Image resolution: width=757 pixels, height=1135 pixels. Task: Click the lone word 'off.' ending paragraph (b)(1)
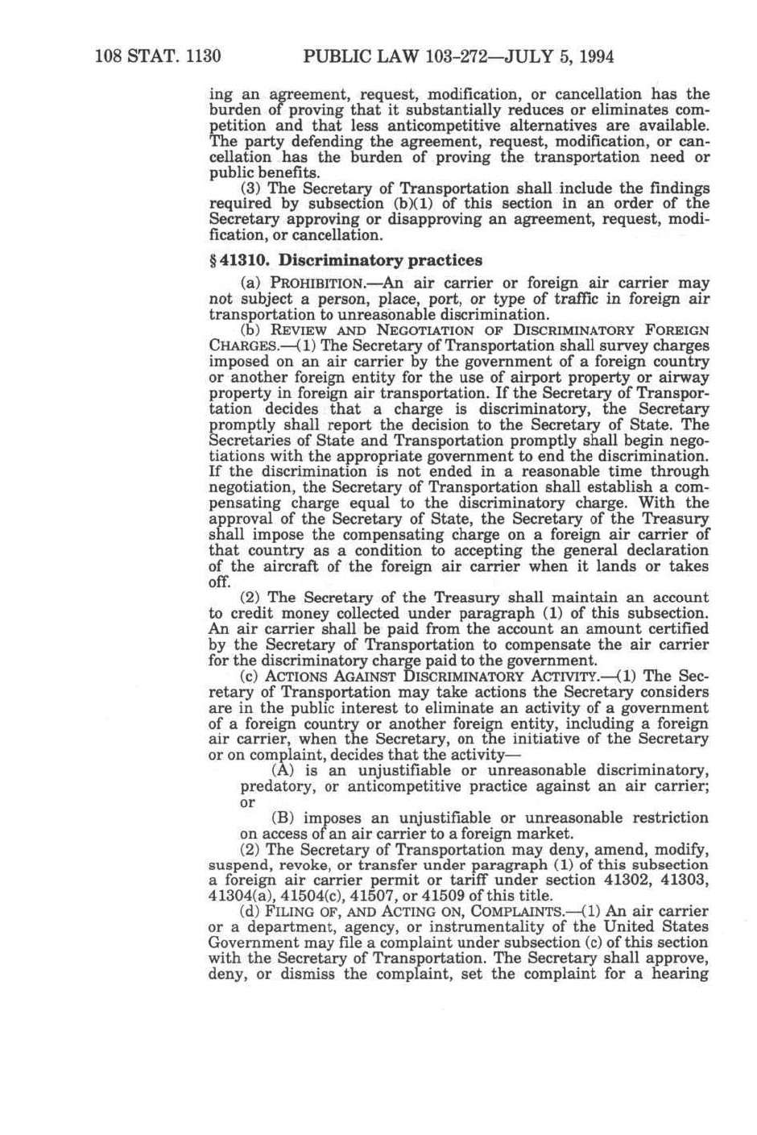pyautogui.click(x=221, y=582)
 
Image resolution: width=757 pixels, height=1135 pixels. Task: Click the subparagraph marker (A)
pyautogui.click(x=284, y=769)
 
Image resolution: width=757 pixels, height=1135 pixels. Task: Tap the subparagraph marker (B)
pyautogui.click(x=284, y=818)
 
